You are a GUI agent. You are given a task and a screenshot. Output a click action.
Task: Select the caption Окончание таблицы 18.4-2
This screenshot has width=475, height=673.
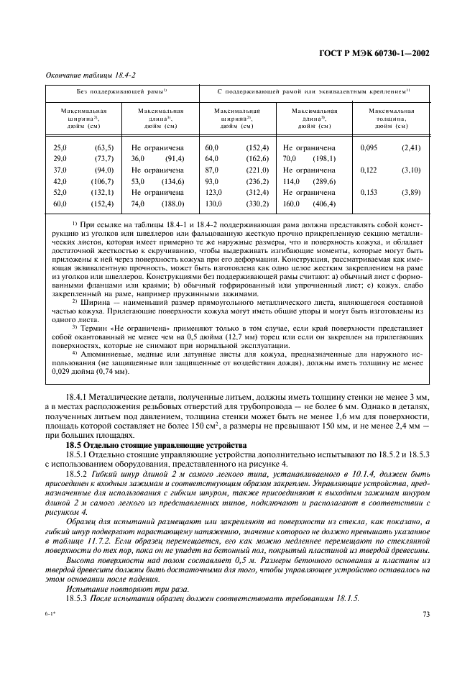click(82, 75)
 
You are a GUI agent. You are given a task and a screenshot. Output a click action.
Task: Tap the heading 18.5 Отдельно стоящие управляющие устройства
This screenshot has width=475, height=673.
click(156, 446)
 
